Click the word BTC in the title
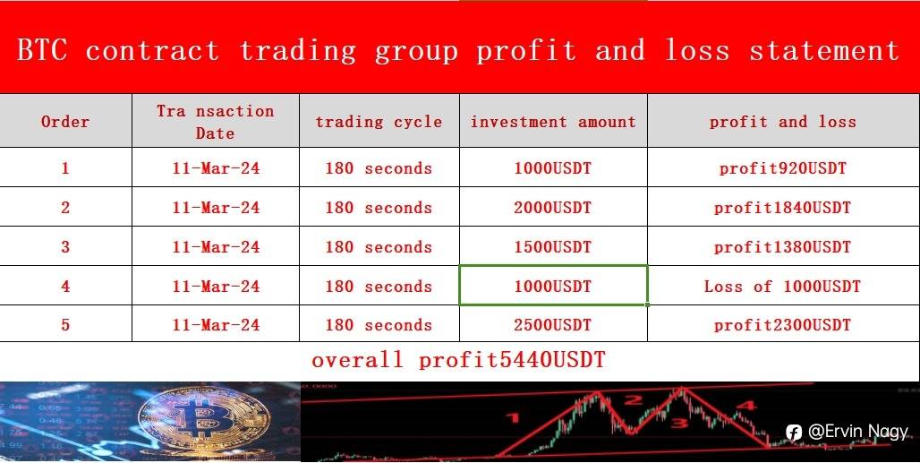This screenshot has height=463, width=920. click(42, 50)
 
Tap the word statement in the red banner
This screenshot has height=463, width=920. click(823, 50)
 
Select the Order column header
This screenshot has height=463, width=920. click(65, 122)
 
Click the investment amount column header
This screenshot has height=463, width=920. click(553, 122)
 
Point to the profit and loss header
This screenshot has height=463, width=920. click(783, 122)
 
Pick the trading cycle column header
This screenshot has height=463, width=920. click(379, 122)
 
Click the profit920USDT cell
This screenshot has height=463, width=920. click(783, 168)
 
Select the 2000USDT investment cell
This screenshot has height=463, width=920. click(553, 208)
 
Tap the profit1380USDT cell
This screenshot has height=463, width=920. click(782, 247)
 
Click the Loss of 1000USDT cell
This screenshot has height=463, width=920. click(782, 287)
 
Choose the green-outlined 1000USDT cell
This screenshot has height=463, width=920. click(553, 286)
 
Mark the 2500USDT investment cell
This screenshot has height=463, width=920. click(553, 325)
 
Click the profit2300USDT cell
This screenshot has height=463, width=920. click(782, 325)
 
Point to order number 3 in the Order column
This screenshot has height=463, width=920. click(65, 247)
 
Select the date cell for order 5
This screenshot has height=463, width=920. click(216, 325)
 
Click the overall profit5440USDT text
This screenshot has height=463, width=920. click(458, 360)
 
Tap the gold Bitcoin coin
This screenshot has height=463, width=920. click(204, 420)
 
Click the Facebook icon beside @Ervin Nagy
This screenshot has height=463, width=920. click(793, 433)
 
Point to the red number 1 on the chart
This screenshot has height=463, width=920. click(513, 418)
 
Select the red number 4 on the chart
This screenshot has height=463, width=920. click(745, 405)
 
